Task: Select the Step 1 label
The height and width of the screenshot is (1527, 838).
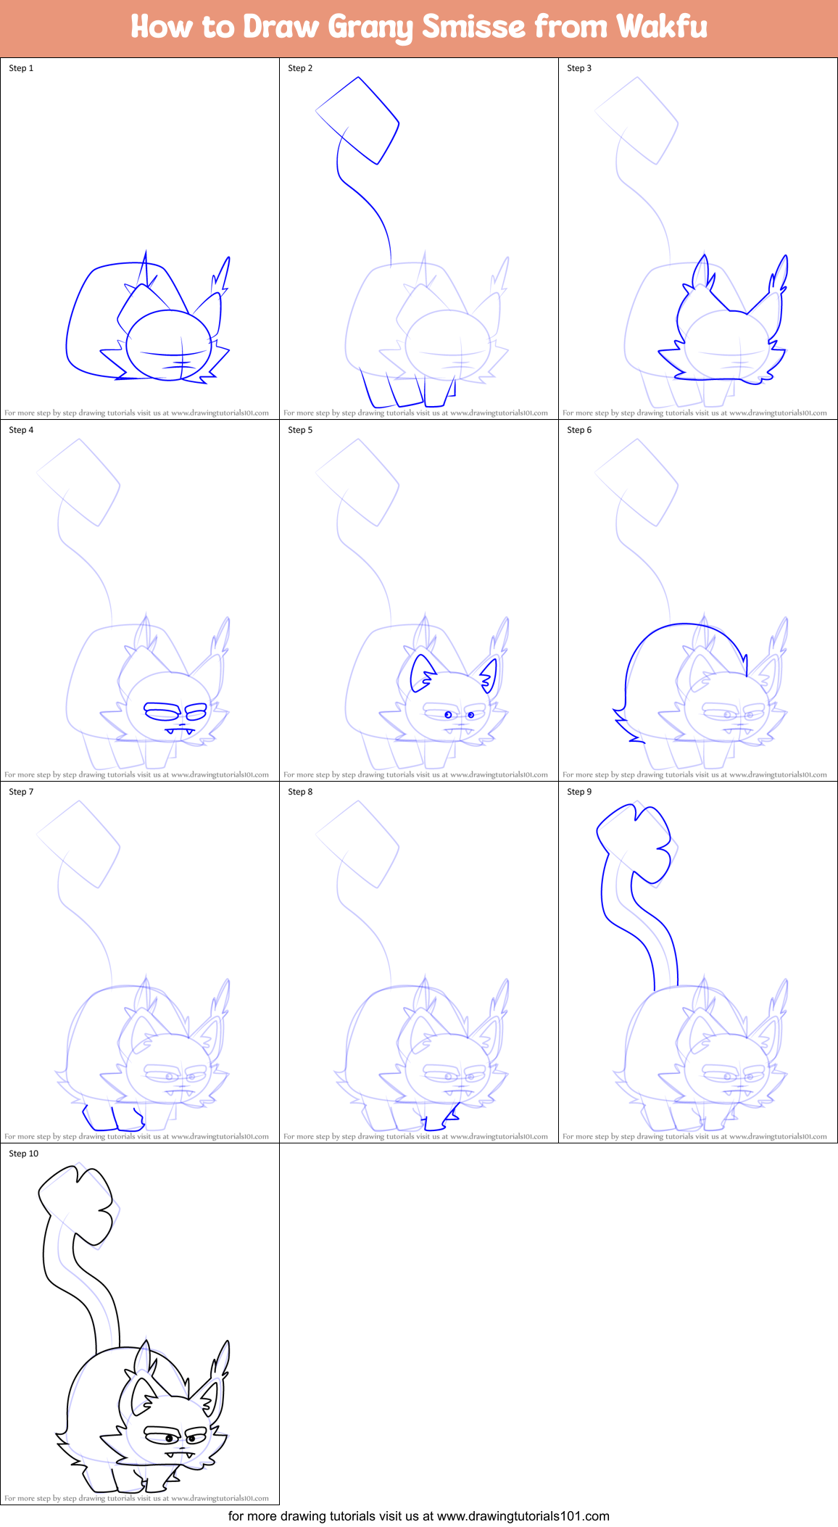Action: (21, 68)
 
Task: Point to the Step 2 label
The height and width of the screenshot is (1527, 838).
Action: (300, 68)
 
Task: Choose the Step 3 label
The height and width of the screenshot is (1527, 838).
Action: (579, 68)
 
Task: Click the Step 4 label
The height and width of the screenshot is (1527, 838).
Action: (21, 430)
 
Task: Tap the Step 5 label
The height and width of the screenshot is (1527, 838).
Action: (300, 430)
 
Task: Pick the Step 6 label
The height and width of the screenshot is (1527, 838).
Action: (579, 430)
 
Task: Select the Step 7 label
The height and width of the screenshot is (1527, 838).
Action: (21, 792)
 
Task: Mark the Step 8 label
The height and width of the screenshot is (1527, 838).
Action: (300, 792)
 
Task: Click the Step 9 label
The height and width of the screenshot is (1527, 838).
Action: (579, 792)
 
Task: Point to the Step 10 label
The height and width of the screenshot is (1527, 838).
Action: (23, 1154)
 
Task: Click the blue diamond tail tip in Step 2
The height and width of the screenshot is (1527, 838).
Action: (358, 120)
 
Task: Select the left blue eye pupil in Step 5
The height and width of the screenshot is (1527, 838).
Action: (448, 715)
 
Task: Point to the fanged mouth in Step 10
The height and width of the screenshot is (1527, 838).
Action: (180, 1453)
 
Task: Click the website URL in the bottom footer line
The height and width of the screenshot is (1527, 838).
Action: (523, 1516)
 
